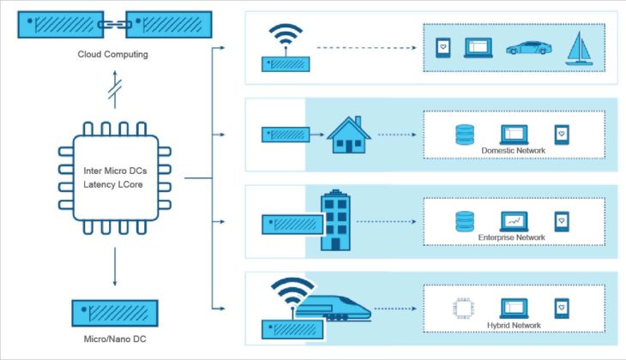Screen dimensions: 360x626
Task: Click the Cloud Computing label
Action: coord(114,55)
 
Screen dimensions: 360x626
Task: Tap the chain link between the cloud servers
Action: coord(114,23)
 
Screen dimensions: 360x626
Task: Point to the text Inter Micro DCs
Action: coord(115,171)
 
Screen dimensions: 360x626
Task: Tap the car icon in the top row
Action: coord(527,48)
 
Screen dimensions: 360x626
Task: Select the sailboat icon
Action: coord(581,47)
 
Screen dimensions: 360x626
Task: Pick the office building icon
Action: coord(335,222)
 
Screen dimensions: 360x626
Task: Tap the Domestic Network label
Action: coord(514,151)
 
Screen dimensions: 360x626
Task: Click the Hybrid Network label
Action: coord(514,323)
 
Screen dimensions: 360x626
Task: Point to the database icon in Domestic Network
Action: coord(465,134)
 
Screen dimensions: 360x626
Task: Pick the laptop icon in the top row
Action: coord(478,48)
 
